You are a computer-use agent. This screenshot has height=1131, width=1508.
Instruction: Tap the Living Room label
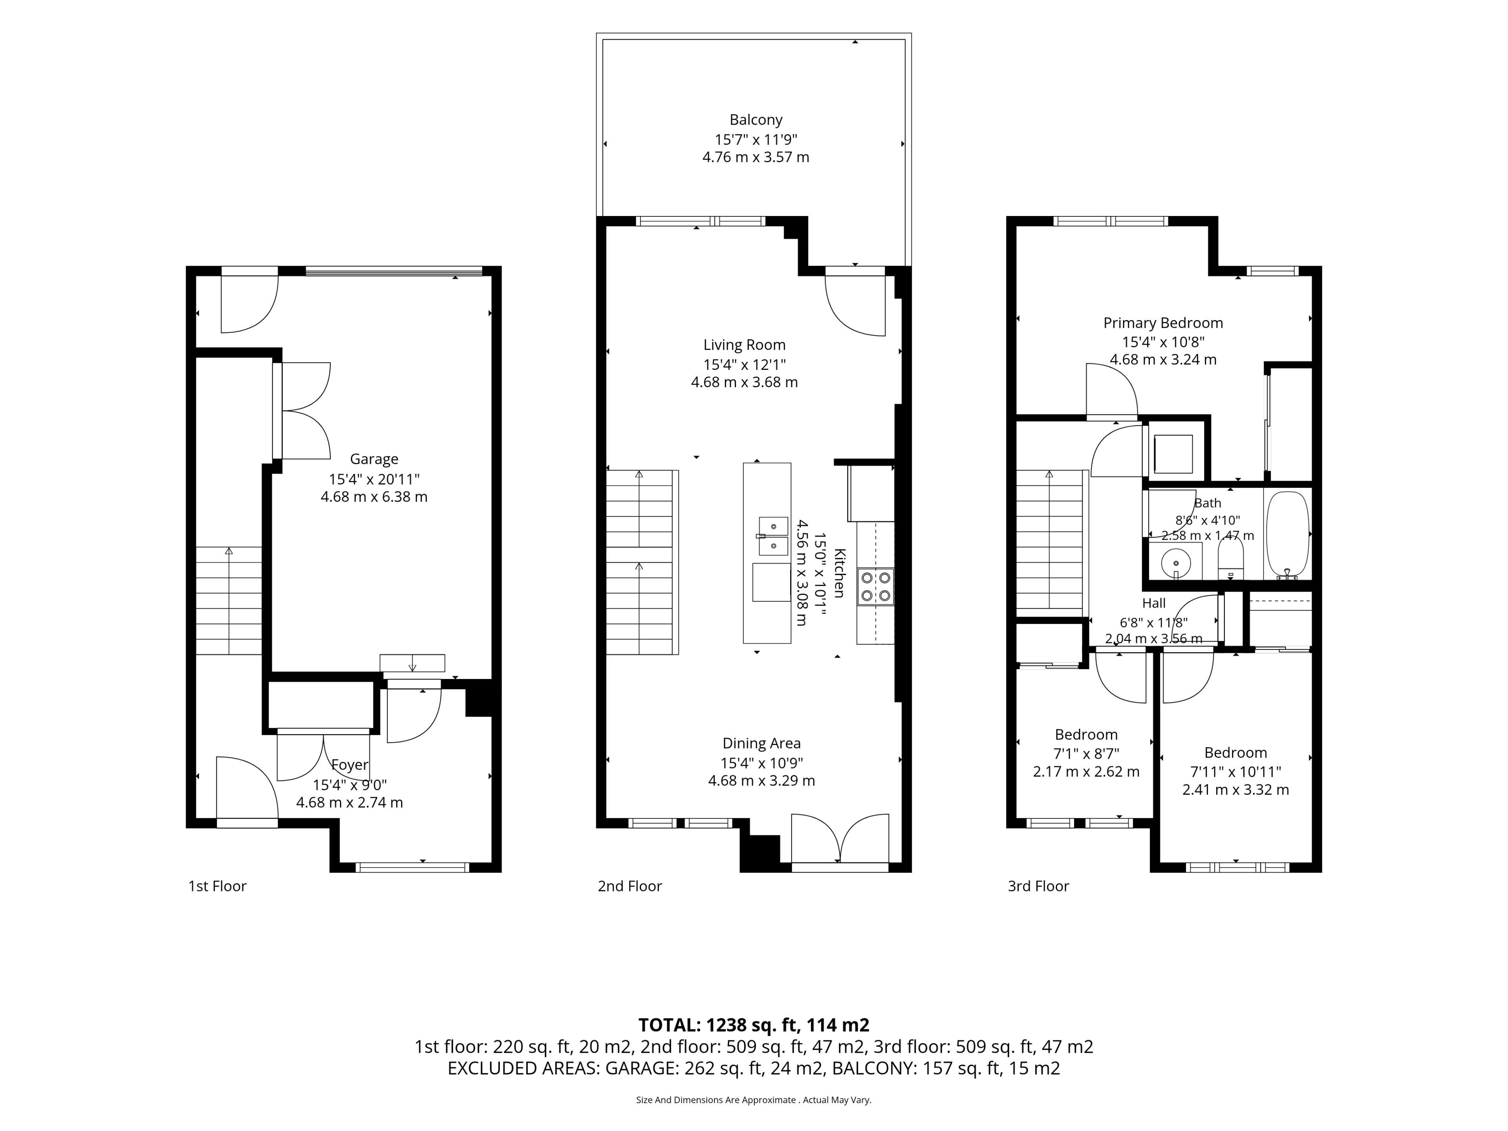point(745,345)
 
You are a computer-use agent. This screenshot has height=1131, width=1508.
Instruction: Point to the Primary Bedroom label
point(1163,323)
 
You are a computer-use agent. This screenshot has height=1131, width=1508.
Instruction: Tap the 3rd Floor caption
point(1038,886)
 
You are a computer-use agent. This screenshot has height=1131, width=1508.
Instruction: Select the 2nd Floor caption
point(630,886)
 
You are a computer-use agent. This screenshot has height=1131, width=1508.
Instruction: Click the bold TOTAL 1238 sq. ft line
point(754,1025)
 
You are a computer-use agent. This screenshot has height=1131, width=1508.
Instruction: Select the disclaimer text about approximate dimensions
point(754,1100)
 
